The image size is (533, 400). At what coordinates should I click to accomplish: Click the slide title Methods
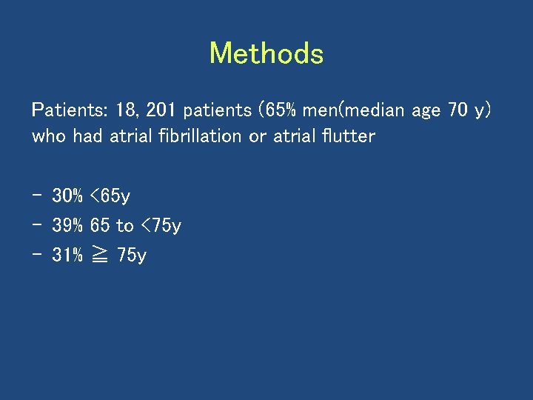click(266, 54)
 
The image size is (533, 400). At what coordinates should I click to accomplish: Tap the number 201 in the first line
click(161, 111)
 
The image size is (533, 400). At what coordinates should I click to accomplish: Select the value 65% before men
click(278, 111)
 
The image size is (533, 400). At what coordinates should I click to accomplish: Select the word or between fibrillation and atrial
click(258, 137)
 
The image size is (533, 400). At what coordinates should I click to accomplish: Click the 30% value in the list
click(67, 196)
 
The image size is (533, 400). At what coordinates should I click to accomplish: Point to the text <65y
click(110, 197)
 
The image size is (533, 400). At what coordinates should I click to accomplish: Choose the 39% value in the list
click(67, 226)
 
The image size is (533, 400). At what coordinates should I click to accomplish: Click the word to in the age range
click(125, 226)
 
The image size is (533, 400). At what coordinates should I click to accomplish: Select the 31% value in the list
click(67, 256)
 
